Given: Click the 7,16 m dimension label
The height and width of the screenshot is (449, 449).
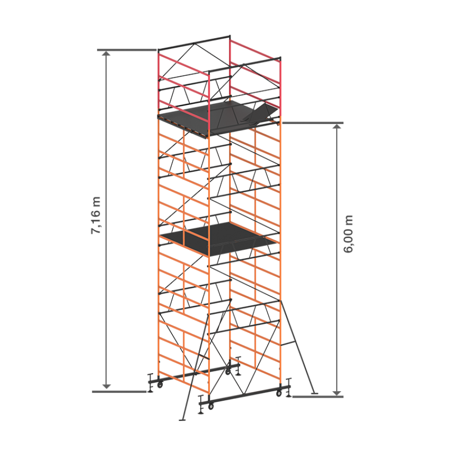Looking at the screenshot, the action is point(95,215).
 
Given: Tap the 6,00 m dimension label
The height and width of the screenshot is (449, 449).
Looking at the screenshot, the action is point(348,234).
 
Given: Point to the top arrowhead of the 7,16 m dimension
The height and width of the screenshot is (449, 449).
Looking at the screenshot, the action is point(107,53).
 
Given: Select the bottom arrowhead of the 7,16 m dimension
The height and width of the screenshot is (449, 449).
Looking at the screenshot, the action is point(107,386).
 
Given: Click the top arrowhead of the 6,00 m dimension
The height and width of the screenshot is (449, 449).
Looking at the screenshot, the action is point(337,127).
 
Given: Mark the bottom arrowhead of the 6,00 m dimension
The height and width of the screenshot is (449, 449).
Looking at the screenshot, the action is point(337,393).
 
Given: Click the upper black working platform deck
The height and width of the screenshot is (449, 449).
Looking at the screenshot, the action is point(212,117).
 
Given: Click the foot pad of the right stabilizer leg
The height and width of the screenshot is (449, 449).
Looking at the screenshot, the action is point(314,393).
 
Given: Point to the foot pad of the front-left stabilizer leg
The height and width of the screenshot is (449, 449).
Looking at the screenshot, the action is point(182,420).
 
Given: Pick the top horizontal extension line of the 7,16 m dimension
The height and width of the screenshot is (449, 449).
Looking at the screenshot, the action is point(127,50).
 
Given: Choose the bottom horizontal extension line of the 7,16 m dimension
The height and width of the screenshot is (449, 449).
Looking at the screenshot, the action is point(119,391).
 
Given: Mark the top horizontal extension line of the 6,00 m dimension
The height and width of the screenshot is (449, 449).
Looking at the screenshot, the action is point(313,123).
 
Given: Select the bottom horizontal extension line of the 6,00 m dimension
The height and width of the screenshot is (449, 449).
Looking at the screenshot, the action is point(318,397).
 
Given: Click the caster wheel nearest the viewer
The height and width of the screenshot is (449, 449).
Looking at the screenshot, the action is point(211,406).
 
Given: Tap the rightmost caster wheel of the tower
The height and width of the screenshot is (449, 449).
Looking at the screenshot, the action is point(279,393).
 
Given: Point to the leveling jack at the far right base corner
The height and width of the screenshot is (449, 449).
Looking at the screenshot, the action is point(288,388).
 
